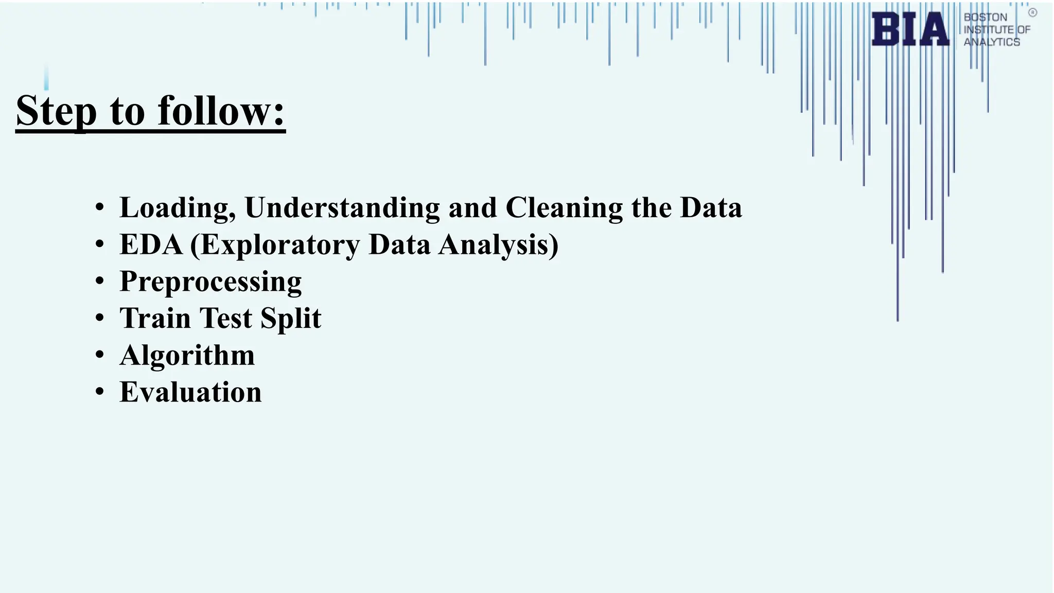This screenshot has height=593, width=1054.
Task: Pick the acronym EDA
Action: (x=151, y=245)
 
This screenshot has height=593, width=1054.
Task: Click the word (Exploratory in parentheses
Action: (x=275, y=245)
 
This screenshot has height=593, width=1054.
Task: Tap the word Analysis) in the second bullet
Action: (x=498, y=245)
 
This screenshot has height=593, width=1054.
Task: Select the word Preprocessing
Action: (x=210, y=282)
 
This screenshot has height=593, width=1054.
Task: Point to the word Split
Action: (x=291, y=318)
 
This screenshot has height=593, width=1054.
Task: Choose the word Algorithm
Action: (x=187, y=355)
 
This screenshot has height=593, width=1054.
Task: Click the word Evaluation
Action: (x=190, y=392)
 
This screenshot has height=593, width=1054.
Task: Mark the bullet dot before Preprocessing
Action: (x=100, y=281)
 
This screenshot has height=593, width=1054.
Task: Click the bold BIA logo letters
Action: (x=910, y=29)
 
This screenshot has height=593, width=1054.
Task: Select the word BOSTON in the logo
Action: (x=985, y=17)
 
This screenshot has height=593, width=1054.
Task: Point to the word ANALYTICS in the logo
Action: (x=992, y=42)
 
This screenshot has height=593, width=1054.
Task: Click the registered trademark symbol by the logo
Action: (x=1032, y=13)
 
